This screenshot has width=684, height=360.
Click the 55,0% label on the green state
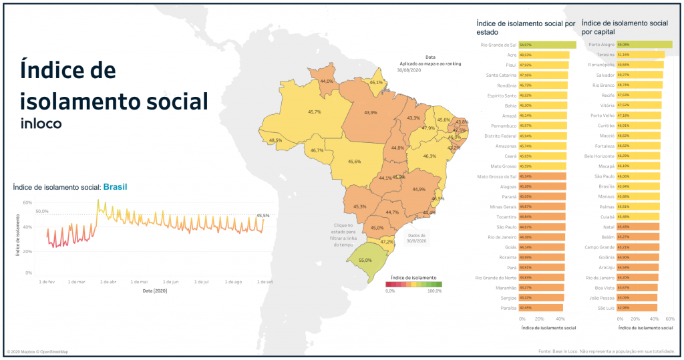[x=365, y=260]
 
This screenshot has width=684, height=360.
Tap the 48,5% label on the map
[x=275, y=140]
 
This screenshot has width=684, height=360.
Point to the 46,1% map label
[x=377, y=82]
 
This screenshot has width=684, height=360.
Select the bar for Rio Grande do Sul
[x=547, y=45]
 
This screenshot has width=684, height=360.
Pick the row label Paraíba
[x=506, y=308]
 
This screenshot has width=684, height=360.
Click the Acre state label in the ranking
[x=511, y=55]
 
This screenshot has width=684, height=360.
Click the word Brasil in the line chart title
[x=115, y=188]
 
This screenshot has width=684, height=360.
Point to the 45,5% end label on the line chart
[x=263, y=215]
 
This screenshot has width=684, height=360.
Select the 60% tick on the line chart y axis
[x=27, y=202]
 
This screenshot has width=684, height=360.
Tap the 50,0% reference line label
[x=42, y=211]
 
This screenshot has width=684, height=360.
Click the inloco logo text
[x=41, y=124]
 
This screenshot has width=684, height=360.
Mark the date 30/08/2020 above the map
[x=408, y=69]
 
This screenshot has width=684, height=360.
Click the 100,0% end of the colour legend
[x=434, y=291]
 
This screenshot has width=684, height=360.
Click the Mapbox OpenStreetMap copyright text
[x=37, y=352]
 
